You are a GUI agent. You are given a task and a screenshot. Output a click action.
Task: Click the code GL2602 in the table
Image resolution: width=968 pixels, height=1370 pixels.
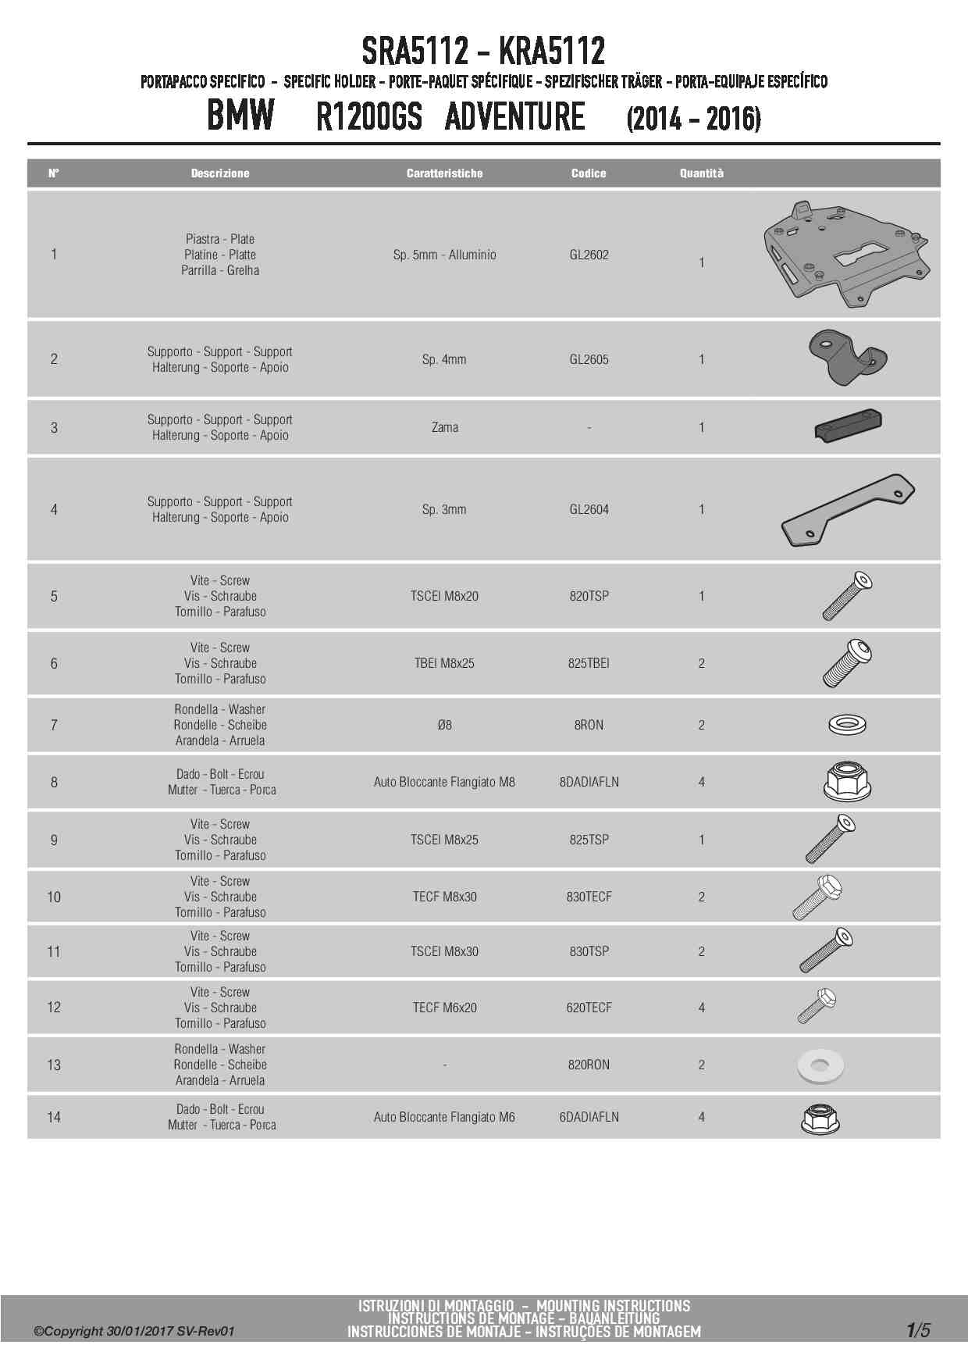pos(589,255)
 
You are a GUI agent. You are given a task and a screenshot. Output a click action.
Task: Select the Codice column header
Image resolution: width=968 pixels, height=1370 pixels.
pos(589,173)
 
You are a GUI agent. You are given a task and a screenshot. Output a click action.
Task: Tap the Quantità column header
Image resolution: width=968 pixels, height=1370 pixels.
pos(701,173)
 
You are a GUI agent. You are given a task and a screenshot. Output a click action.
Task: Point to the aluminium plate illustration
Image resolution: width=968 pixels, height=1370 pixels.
pos(846,254)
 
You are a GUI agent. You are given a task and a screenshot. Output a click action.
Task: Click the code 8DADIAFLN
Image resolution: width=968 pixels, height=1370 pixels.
pos(589,782)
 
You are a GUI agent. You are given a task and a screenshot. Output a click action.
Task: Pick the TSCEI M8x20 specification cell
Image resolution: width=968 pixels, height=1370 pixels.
pos(444,596)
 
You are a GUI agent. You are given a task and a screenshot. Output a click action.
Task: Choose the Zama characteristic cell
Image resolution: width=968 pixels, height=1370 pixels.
pos(444,427)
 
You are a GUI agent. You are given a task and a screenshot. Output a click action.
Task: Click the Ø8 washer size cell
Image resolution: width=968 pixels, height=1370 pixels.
pos(444,725)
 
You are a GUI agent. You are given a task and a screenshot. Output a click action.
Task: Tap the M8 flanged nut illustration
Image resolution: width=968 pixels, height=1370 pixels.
pos(848,781)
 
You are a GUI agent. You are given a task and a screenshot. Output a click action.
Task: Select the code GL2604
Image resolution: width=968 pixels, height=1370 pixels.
pos(589,509)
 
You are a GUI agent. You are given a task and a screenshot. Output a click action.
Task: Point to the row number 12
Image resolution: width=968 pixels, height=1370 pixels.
pos(54,1008)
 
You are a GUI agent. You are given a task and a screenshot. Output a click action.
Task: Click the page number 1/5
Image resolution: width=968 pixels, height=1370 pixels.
pos(918,1330)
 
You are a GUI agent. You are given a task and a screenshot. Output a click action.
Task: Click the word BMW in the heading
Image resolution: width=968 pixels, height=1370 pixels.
pos(240,116)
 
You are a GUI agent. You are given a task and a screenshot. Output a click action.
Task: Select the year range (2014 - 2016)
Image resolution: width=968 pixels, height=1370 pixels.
pos(693,119)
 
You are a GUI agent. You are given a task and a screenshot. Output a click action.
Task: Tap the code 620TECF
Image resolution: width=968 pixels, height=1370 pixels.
pos(589,1008)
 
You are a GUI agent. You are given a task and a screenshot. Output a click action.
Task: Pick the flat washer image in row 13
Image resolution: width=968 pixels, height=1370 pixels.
pos(820,1065)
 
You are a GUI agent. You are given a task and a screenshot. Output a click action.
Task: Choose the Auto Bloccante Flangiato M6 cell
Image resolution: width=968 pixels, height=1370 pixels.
pos(444,1117)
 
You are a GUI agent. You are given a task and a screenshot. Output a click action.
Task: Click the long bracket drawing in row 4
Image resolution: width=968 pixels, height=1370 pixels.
pos(848,509)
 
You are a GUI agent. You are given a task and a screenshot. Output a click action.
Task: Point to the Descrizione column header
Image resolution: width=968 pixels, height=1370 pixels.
pos(220,173)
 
